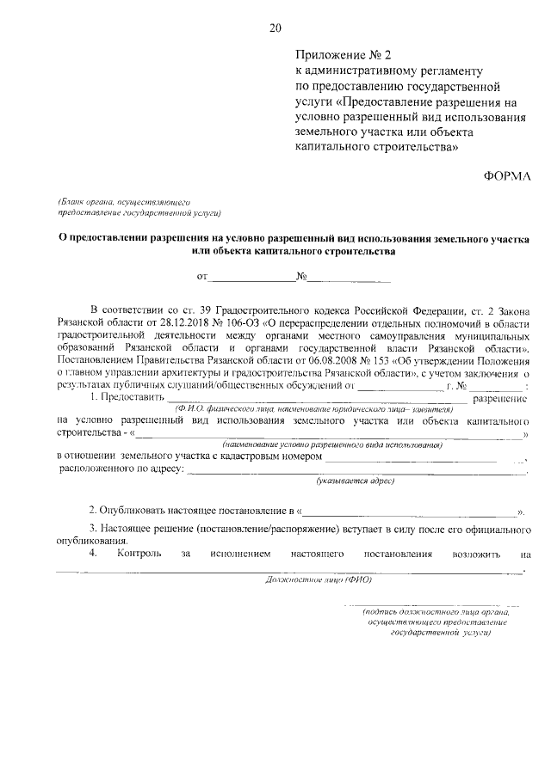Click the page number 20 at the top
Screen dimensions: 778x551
275,28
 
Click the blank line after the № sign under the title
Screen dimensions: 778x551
350,278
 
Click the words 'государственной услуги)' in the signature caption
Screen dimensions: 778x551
440,631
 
